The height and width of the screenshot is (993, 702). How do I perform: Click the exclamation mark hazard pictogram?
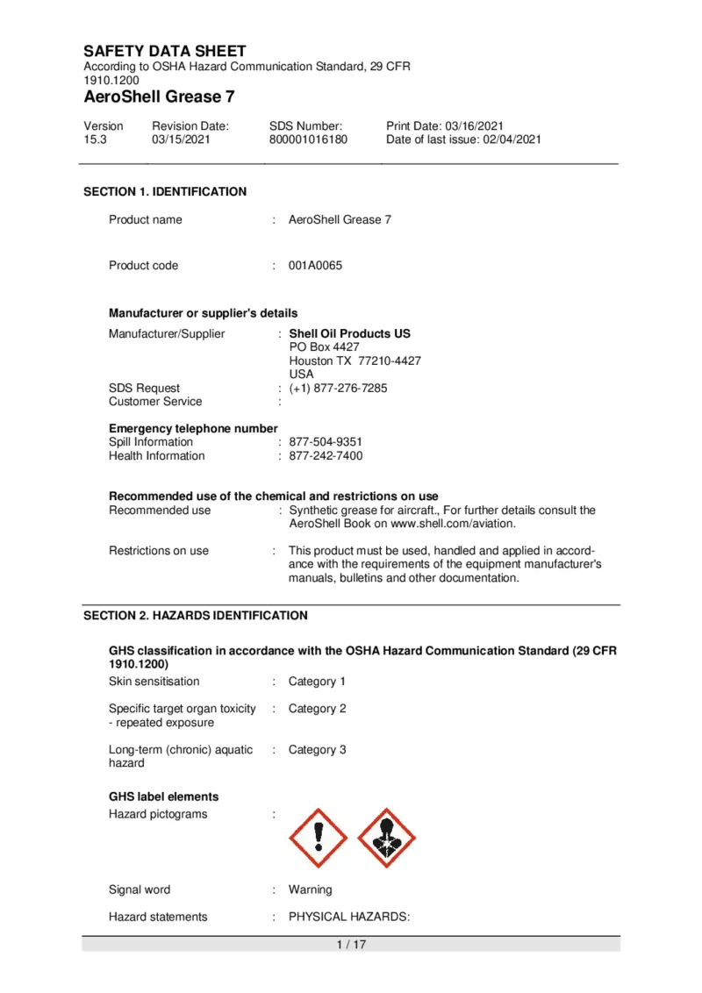point(318,839)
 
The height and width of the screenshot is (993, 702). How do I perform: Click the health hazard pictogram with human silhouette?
point(387,839)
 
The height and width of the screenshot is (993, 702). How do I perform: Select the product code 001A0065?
point(315,266)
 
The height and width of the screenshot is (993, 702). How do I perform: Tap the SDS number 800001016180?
point(308,139)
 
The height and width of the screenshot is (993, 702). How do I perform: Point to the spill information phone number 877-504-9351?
point(326,442)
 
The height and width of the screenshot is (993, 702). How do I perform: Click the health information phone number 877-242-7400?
point(326,456)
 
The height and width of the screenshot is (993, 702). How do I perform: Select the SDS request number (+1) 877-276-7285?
point(338,388)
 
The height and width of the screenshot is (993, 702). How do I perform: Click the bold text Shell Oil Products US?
point(349,333)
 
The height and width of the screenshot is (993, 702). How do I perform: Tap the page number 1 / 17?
point(351,945)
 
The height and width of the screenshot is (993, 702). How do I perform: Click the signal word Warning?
point(310,889)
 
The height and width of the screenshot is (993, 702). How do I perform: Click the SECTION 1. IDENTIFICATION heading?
point(165,191)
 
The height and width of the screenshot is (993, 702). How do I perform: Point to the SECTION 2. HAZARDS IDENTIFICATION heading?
point(196,616)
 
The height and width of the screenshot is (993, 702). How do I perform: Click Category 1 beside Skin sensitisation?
point(317,682)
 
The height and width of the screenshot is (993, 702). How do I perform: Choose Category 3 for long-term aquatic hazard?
point(317,750)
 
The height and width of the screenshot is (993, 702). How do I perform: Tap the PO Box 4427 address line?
point(324,347)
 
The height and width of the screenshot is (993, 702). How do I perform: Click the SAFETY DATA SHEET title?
point(165,51)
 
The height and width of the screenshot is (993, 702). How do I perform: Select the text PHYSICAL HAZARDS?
point(349,918)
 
